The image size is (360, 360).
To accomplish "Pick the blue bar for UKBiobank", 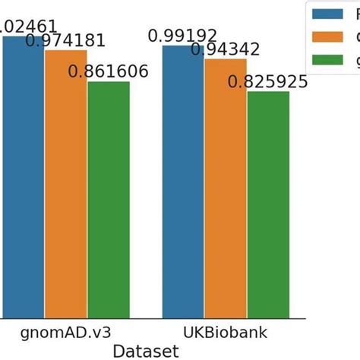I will pos(183,182).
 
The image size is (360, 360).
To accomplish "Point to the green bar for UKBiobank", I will pos(268,205).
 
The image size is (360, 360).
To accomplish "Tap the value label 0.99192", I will pos(183,36).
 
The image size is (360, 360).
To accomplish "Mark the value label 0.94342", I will pos(226,49).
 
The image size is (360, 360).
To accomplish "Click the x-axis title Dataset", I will pos(146,351).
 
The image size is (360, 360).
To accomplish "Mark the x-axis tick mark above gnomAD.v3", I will pos(66,321).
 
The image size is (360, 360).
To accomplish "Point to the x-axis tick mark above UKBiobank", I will pos(226,321).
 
